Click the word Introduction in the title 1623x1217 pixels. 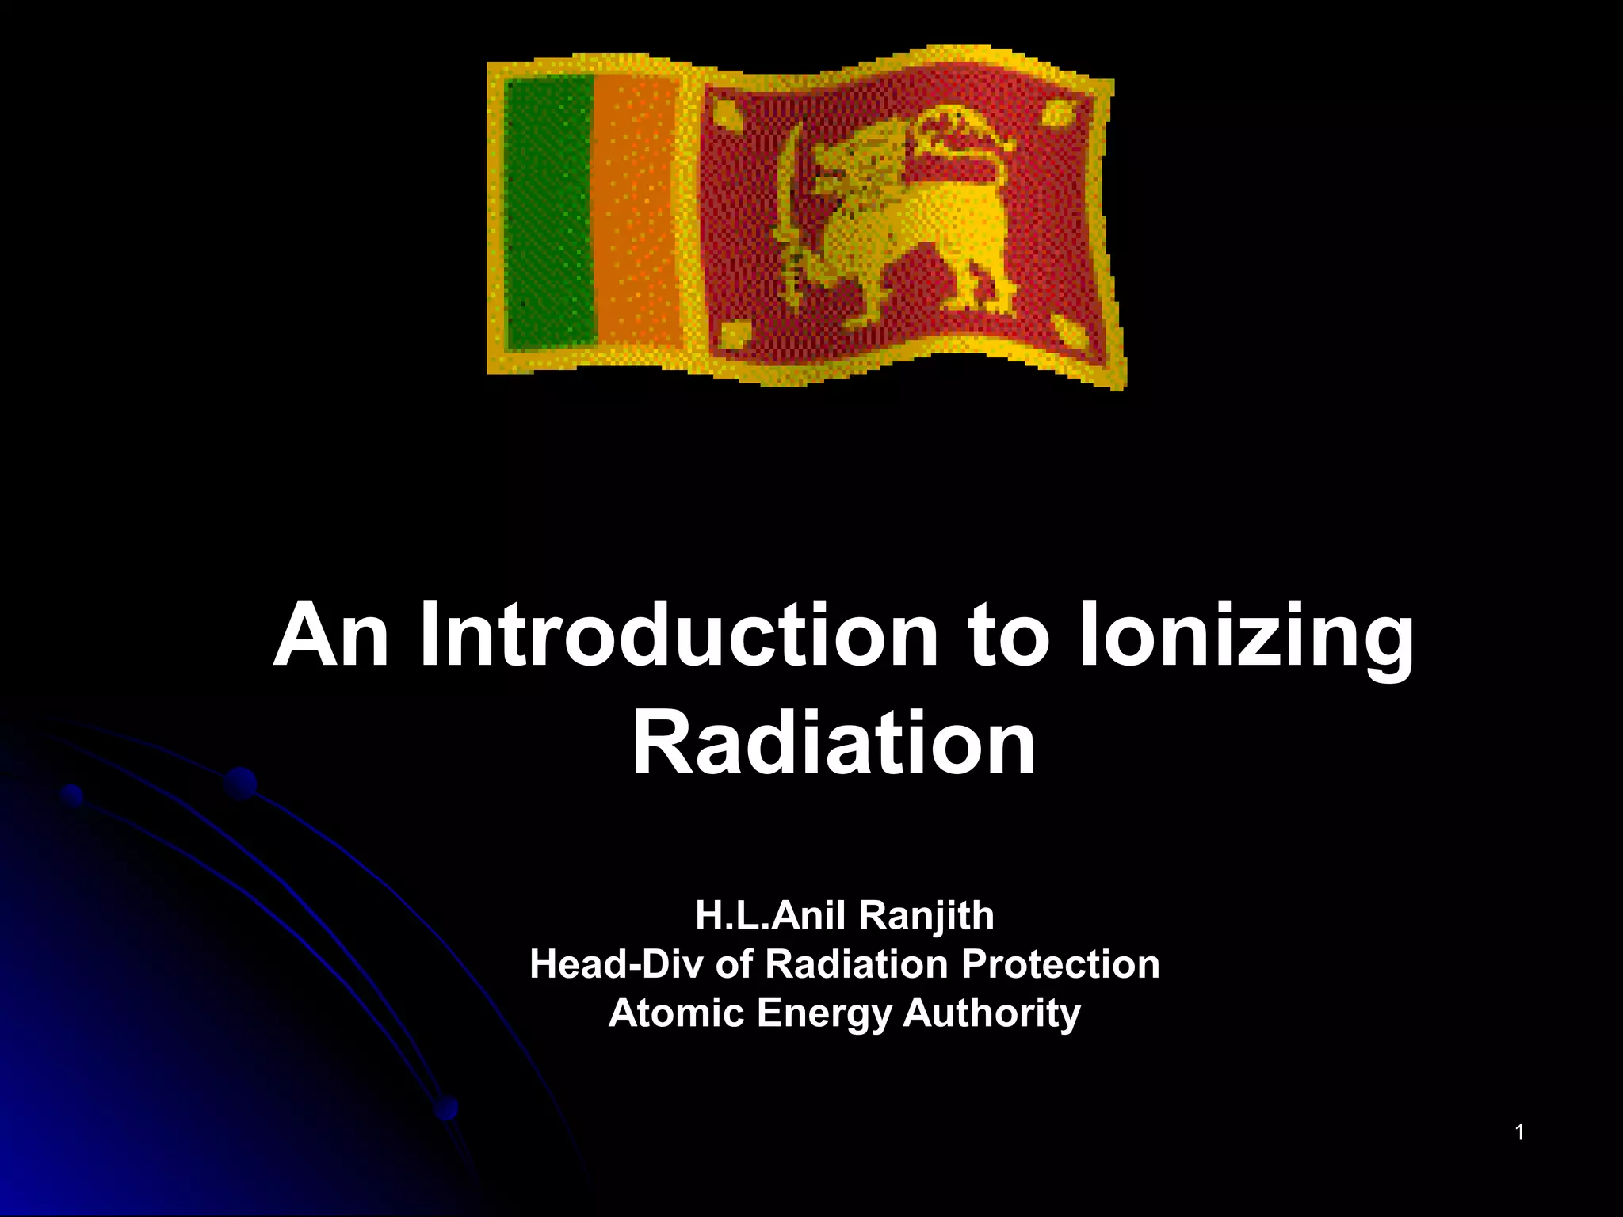(x=678, y=635)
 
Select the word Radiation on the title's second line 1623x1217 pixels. (x=833, y=743)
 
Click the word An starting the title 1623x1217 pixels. (x=331, y=635)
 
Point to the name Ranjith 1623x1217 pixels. (x=926, y=916)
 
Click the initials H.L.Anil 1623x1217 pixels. (x=767, y=916)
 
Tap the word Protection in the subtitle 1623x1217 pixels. (x=1060, y=964)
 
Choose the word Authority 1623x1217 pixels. (x=991, y=1013)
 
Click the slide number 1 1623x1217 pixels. (x=1519, y=1133)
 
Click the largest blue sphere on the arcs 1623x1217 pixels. (x=239, y=784)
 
